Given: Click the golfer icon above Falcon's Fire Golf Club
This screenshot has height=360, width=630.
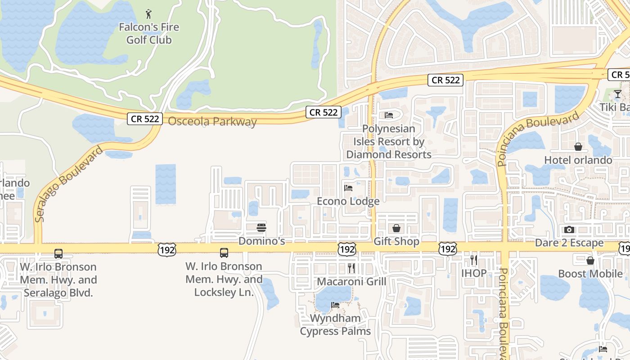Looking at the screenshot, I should pyautogui.click(x=149, y=14).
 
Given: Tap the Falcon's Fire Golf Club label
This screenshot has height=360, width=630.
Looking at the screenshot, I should pyautogui.click(x=149, y=34).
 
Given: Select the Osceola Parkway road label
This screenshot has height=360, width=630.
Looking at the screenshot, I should pyautogui.click(x=212, y=121).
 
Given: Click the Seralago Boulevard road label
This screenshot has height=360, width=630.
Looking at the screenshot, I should pyautogui.click(x=69, y=183).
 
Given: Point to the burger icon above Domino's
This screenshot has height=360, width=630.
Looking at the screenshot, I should pyautogui.click(x=261, y=228).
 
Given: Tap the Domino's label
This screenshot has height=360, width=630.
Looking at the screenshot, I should pyautogui.click(x=261, y=241).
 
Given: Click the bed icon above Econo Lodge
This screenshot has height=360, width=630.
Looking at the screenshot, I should pyautogui.click(x=348, y=188).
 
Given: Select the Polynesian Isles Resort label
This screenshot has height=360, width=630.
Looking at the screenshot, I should pyautogui.click(x=389, y=141).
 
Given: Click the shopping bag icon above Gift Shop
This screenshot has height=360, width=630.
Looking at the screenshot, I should pyautogui.click(x=396, y=228).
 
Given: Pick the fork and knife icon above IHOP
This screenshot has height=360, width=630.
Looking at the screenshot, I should pyautogui.click(x=474, y=260).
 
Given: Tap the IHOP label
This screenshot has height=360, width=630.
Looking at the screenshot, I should pyautogui.click(x=474, y=273).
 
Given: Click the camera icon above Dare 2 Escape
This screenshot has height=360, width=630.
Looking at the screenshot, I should pyautogui.click(x=569, y=229).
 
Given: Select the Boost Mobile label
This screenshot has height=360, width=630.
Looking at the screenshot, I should pyautogui.click(x=590, y=274).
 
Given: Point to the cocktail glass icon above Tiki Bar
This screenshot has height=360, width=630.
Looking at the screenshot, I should pyautogui.click(x=618, y=94).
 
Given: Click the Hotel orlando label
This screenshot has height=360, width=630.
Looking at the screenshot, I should pyautogui.click(x=578, y=160).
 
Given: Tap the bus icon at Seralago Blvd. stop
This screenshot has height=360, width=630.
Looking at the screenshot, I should pyautogui.click(x=58, y=253).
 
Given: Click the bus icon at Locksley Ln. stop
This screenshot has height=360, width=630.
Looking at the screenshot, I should pyautogui.click(x=224, y=253).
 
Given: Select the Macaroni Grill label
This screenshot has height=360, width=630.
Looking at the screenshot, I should pyautogui.click(x=351, y=282).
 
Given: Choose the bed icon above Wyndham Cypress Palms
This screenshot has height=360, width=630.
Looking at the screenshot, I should pyautogui.click(x=335, y=305).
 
